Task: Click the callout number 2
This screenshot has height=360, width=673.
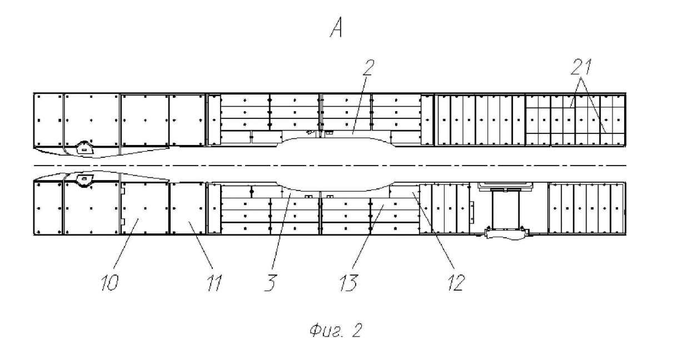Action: [x=370, y=68]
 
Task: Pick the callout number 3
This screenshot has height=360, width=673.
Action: [x=271, y=283]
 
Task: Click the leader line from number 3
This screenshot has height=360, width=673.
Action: [x=281, y=233]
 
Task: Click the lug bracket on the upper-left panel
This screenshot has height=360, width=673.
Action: [x=83, y=147]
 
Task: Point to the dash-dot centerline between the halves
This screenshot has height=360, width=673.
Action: [x=333, y=165]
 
